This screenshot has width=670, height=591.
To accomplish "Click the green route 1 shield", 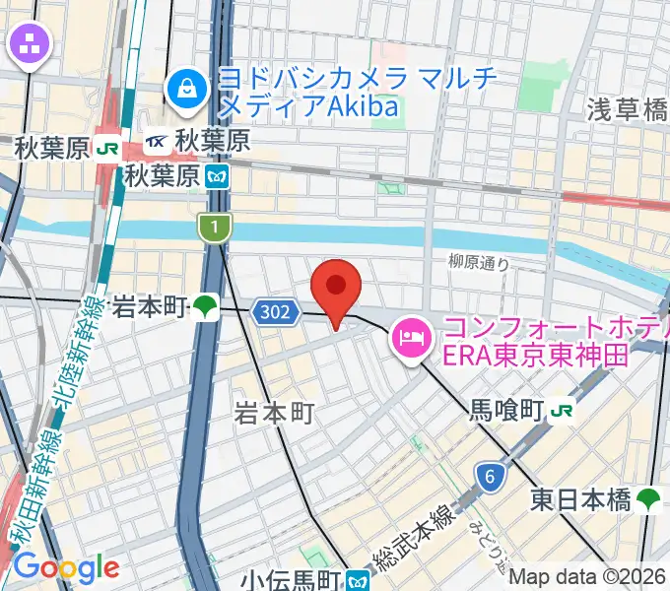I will click(x=213, y=228).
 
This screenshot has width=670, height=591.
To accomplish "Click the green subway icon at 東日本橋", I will click(x=648, y=499).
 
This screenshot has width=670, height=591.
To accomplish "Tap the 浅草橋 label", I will click(x=628, y=110).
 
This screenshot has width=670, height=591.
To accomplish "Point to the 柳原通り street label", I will click(x=479, y=262).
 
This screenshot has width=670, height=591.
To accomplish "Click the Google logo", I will click(x=66, y=567).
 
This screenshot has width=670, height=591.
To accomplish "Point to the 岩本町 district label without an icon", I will click(x=274, y=415).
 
